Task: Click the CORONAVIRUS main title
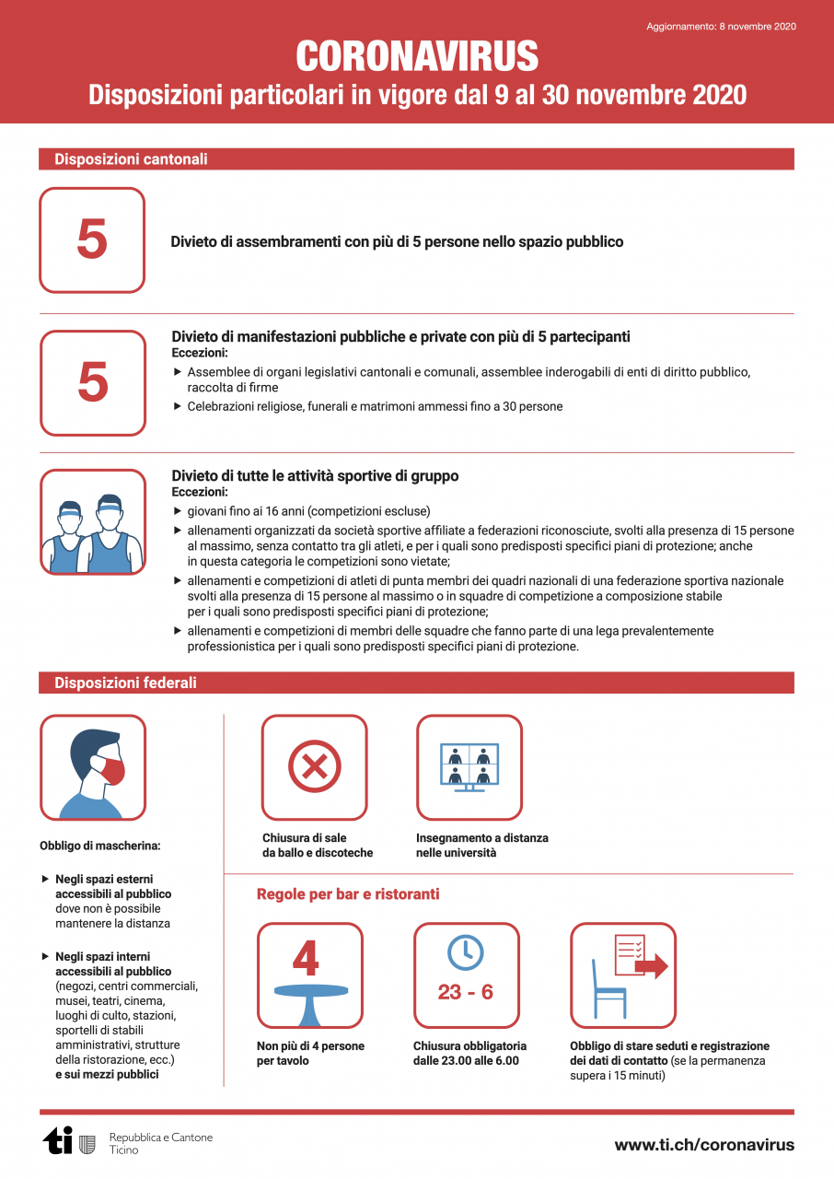tap(417, 57)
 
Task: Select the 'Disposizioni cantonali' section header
tap(131, 159)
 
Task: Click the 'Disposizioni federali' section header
tap(125, 683)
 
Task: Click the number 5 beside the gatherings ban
tap(92, 239)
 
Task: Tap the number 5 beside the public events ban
tap(93, 382)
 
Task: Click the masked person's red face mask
tap(111, 770)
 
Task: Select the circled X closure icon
tap(315, 767)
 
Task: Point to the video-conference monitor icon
tap(469, 767)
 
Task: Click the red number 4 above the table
tap(306, 958)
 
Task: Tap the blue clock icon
tap(466, 952)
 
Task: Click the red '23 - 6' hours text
tap(466, 993)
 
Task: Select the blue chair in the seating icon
tap(608, 990)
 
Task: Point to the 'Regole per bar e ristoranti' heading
tap(348, 894)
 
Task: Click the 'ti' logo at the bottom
tap(58, 1142)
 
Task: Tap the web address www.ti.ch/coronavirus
tap(704, 1145)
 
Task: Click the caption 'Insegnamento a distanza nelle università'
tap(481, 846)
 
